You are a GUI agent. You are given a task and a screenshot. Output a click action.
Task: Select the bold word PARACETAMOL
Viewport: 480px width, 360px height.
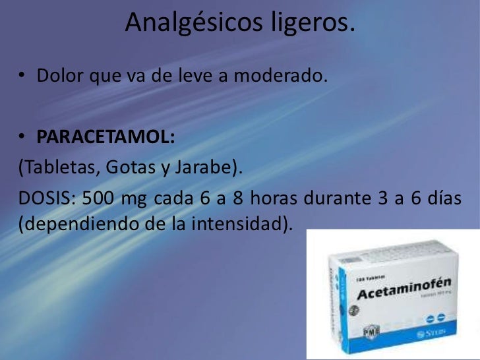point(105,138)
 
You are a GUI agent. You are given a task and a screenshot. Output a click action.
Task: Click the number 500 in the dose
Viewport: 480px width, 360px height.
point(101,198)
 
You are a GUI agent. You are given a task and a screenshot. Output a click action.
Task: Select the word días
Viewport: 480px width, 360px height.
point(442,198)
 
